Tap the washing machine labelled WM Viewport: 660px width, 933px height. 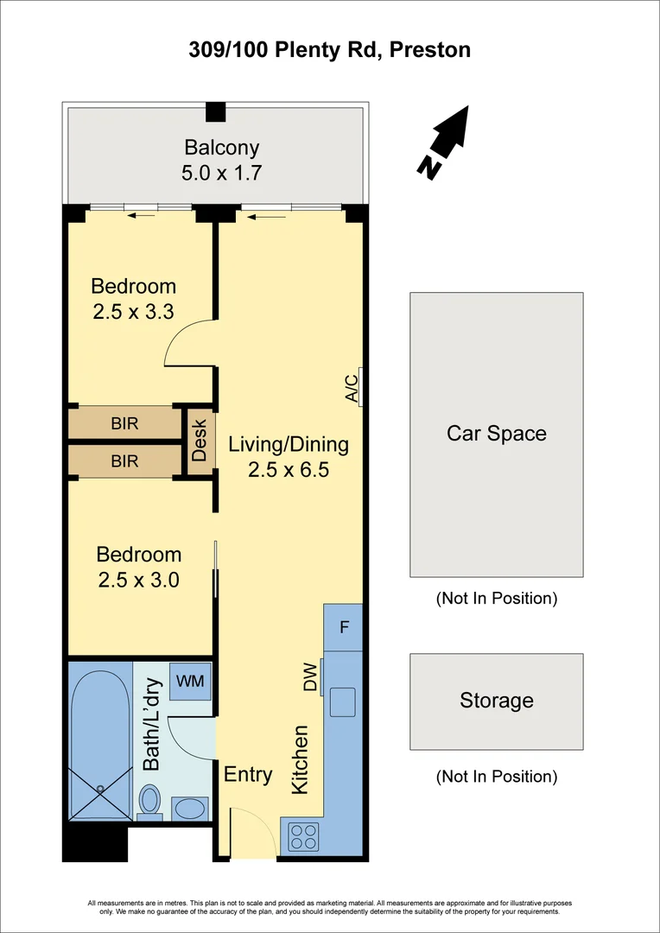pyautogui.click(x=190, y=682)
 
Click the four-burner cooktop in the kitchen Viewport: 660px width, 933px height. pyautogui.click(x=302, y=836)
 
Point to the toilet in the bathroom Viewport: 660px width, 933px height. pyautogui.click(x=150, y=800)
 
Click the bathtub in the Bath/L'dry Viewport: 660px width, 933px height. pyautogui.click(x=100, y=743)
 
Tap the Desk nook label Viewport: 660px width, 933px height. pyautogui.click(x=200, y=440)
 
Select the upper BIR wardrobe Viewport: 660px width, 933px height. pyautogui.click(x=124, y=423)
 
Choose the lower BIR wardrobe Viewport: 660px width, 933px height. pyautogui.click(x=124, y=461)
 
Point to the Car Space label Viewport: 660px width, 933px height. pyautogui.click(x=496, y=433)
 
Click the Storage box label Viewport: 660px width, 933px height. pyautogui.click(x=496, y=701)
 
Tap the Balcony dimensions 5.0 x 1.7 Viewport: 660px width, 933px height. pyautogui.click(x=221, y=173)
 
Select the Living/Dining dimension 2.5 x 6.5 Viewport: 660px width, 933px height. pyautogui.click(x=288, y=471)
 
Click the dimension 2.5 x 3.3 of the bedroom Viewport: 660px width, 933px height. pyautogui.click(x=134, y=312)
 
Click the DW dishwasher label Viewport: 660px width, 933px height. pyautogui.click(x=311, y=676)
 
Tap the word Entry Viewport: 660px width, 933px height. pyautogui.click(x=248, y=775)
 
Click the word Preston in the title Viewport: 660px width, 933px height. pyautogui.click(x=430, y=50)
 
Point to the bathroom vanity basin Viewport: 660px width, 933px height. pyautogui.click(x=187, y=809)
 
